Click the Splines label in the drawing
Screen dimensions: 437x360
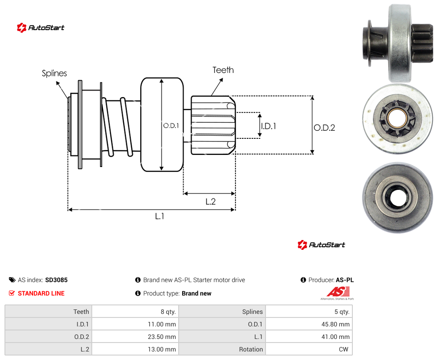tap(54, 73)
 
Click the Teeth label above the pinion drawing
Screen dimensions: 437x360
tap(223, 70)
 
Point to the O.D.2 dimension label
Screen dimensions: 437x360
tap(325, 128)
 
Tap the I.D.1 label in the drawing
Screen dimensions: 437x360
tap(268, 126)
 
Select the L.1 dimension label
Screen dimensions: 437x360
tap(160, 216)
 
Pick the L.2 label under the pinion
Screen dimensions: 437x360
tap(210, 201)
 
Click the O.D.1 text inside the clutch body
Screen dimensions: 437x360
tap(171, 126)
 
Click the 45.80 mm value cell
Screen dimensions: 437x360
tap(335, 324)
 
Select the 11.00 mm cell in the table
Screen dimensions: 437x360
tap(162, 324)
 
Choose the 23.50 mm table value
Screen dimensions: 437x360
tap(162, 337)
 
